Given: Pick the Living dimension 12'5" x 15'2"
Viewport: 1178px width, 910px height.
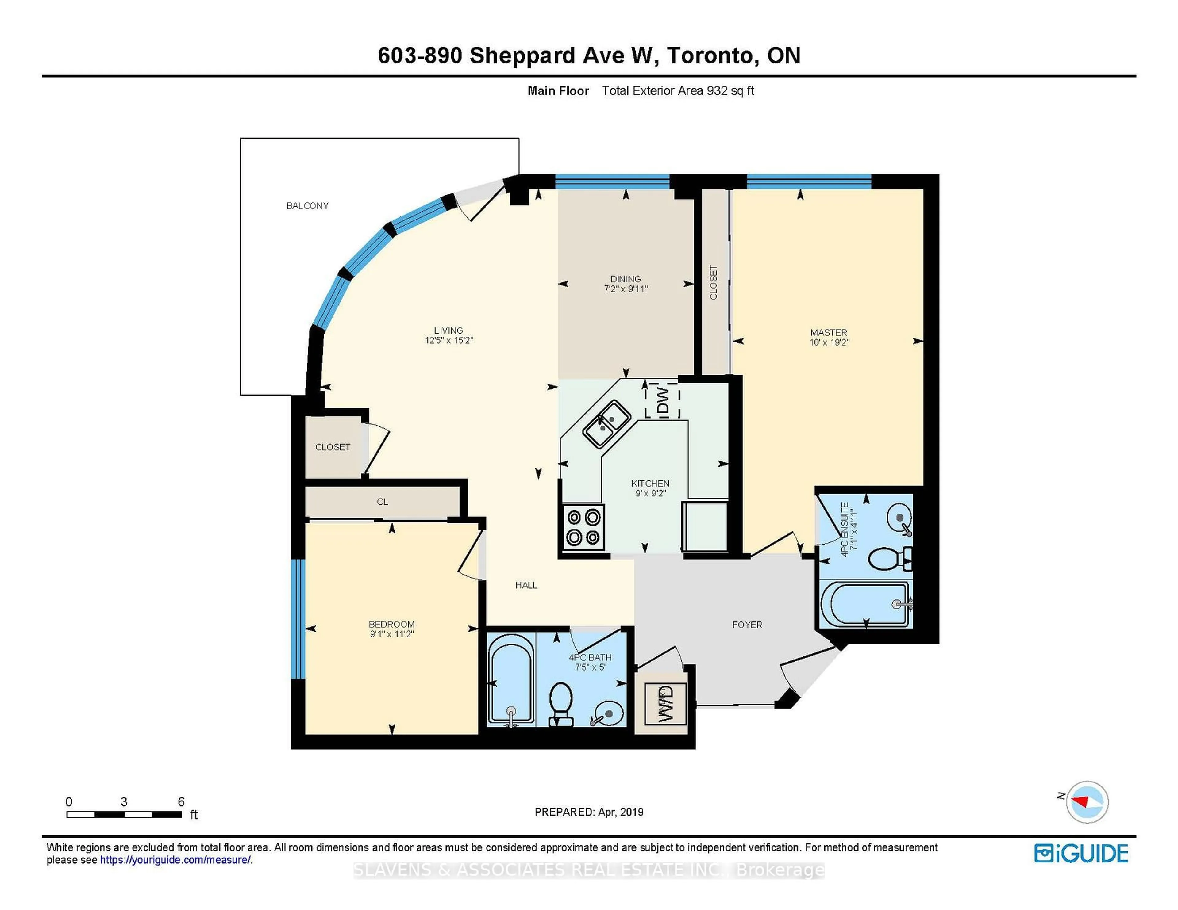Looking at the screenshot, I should coord(449,340).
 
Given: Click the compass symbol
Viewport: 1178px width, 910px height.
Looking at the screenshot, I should coord(1087,802).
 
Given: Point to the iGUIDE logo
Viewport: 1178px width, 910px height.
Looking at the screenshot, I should coord(1081,853).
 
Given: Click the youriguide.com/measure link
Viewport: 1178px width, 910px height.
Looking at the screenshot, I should coord(175,860).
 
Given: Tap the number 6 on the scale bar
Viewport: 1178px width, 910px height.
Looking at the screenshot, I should coord(181,802).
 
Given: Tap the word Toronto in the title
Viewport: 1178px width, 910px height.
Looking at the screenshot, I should coord(710,55).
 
